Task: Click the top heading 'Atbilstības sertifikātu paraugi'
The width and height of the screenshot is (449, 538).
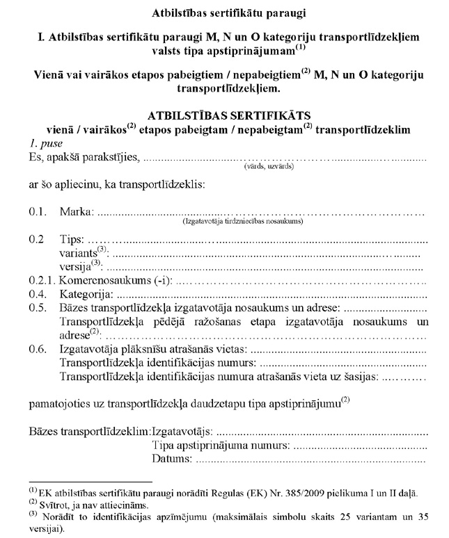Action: tap(224, 12)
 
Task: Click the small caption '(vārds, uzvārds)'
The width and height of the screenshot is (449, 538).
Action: tap(268, 167)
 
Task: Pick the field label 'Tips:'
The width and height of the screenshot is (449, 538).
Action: tap(72, 240)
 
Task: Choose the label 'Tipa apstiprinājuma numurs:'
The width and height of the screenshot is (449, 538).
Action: tap(220, 445)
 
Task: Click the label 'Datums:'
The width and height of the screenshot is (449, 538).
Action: tap(171, 459)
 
